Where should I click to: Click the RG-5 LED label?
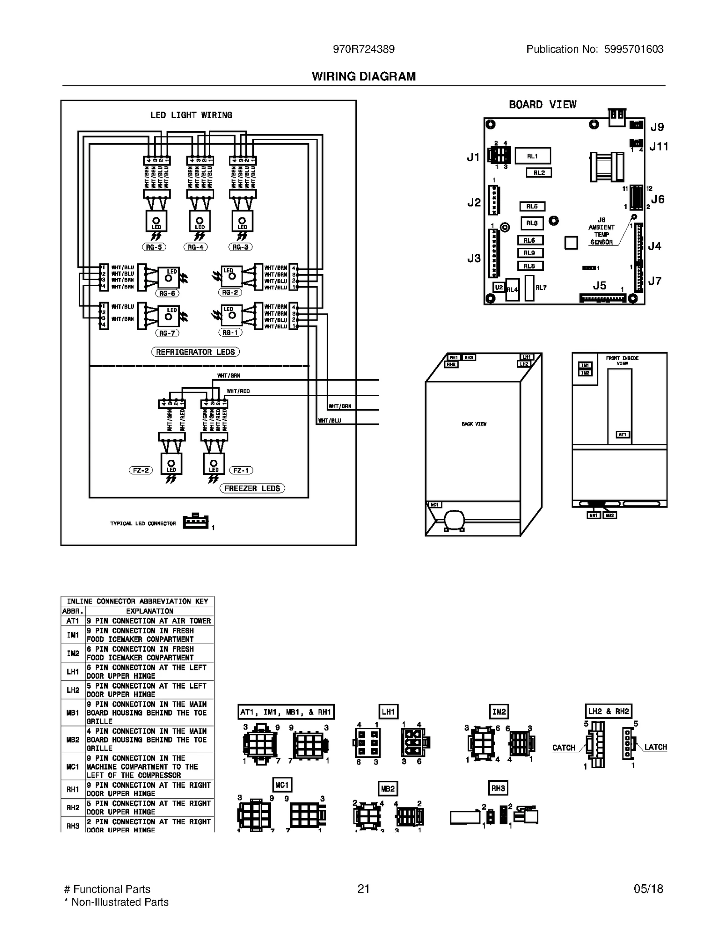(154, 247)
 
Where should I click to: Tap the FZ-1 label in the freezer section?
(241, 470)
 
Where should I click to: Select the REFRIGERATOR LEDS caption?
(195, 352)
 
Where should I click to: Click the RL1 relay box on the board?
(532, 156)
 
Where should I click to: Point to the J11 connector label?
(658, 146)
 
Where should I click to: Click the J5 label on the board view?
(599, 285)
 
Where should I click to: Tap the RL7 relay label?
(541, 287)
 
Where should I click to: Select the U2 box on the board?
(499, 287)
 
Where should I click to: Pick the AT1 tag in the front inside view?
(622, 434)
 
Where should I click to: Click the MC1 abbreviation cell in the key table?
(73, 766)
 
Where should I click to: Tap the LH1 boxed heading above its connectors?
(388, 711)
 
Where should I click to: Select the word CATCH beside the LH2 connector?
(563, 747)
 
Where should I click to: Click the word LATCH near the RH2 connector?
(655, 747)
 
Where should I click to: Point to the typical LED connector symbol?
(196, 521)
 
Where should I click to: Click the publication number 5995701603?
(633, 49)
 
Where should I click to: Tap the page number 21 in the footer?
(363, 889)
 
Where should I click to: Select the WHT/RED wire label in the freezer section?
(238, 391)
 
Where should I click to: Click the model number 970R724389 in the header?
(364, 49)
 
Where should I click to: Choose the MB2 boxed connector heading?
(388, 789)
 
